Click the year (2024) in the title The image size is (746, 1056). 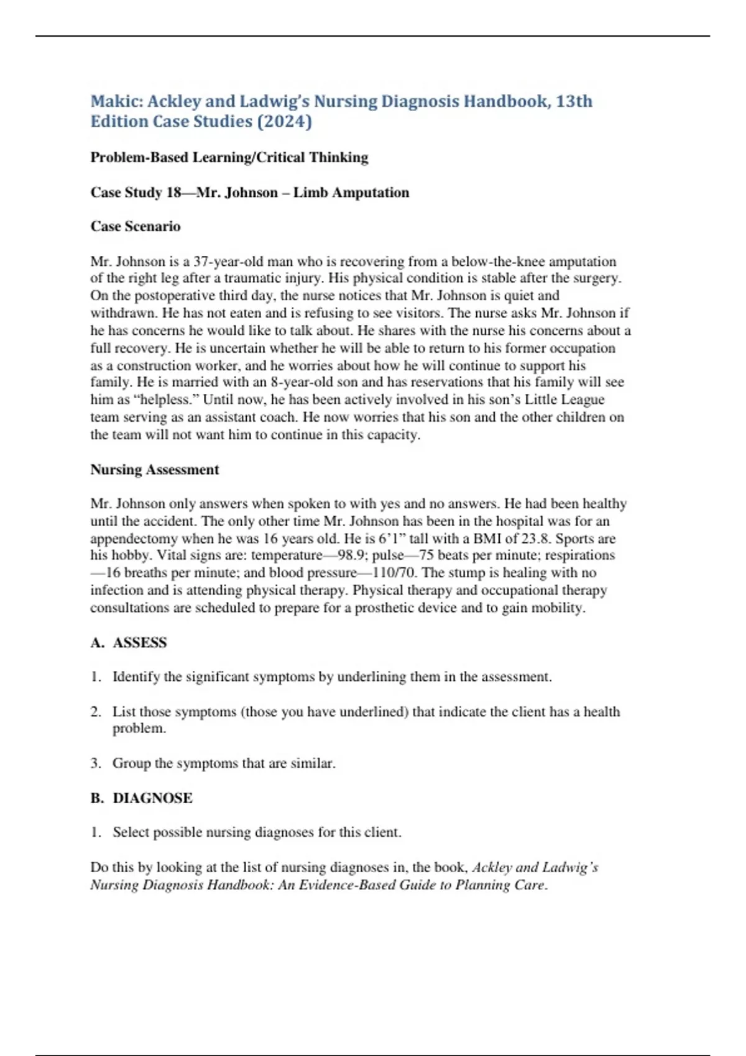[x=284, y=121]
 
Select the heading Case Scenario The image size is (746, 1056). [x=136, y=226]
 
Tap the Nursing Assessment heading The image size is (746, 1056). [x=155, y=470]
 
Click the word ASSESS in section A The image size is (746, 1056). [x=140, y=642]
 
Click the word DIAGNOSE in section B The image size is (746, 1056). [x=152, y=798]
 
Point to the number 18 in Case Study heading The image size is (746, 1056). [x=173, y=193]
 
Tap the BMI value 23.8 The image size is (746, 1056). [x=537, y=539]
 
